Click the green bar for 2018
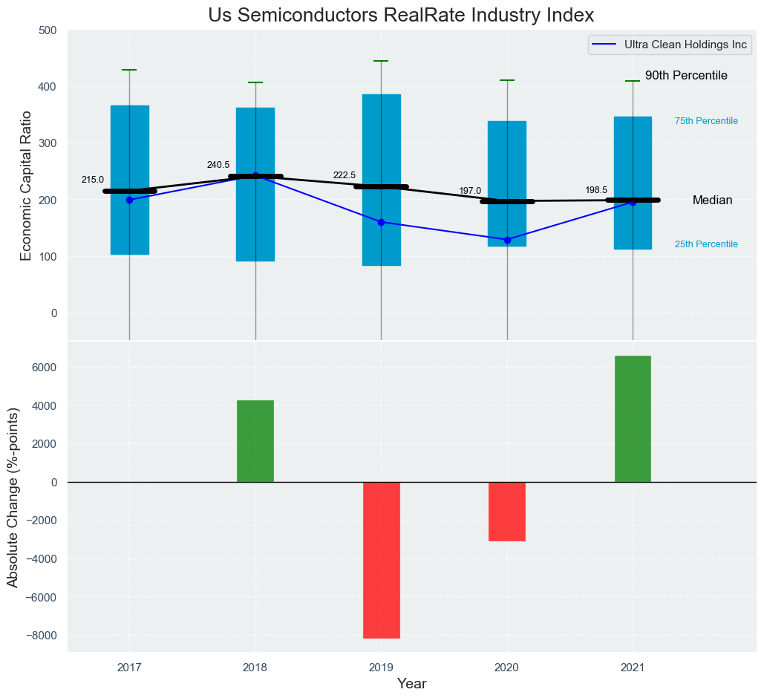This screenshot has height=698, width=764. (255, 441)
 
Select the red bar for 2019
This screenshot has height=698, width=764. (382, 560)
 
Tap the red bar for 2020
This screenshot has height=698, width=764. (507, 512)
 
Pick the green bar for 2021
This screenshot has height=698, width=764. (633, 419)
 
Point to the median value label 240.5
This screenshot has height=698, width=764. (218, 165)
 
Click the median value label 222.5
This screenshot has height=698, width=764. (345, 175)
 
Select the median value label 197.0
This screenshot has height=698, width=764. (470, 191)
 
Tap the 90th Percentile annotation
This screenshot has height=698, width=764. (686, 76)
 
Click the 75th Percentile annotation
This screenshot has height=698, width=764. (706, 121)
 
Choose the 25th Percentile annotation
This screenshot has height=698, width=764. (706, 244)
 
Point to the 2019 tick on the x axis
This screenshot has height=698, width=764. (381, 668)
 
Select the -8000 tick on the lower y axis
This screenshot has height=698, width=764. (42, 636)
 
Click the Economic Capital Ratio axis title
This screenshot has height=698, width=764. (26, 186)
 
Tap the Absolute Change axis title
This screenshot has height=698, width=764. (13, 498)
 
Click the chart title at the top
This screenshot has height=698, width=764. (401, 15)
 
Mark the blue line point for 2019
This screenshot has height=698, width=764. (382, 222)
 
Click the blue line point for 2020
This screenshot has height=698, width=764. (507, 240)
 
